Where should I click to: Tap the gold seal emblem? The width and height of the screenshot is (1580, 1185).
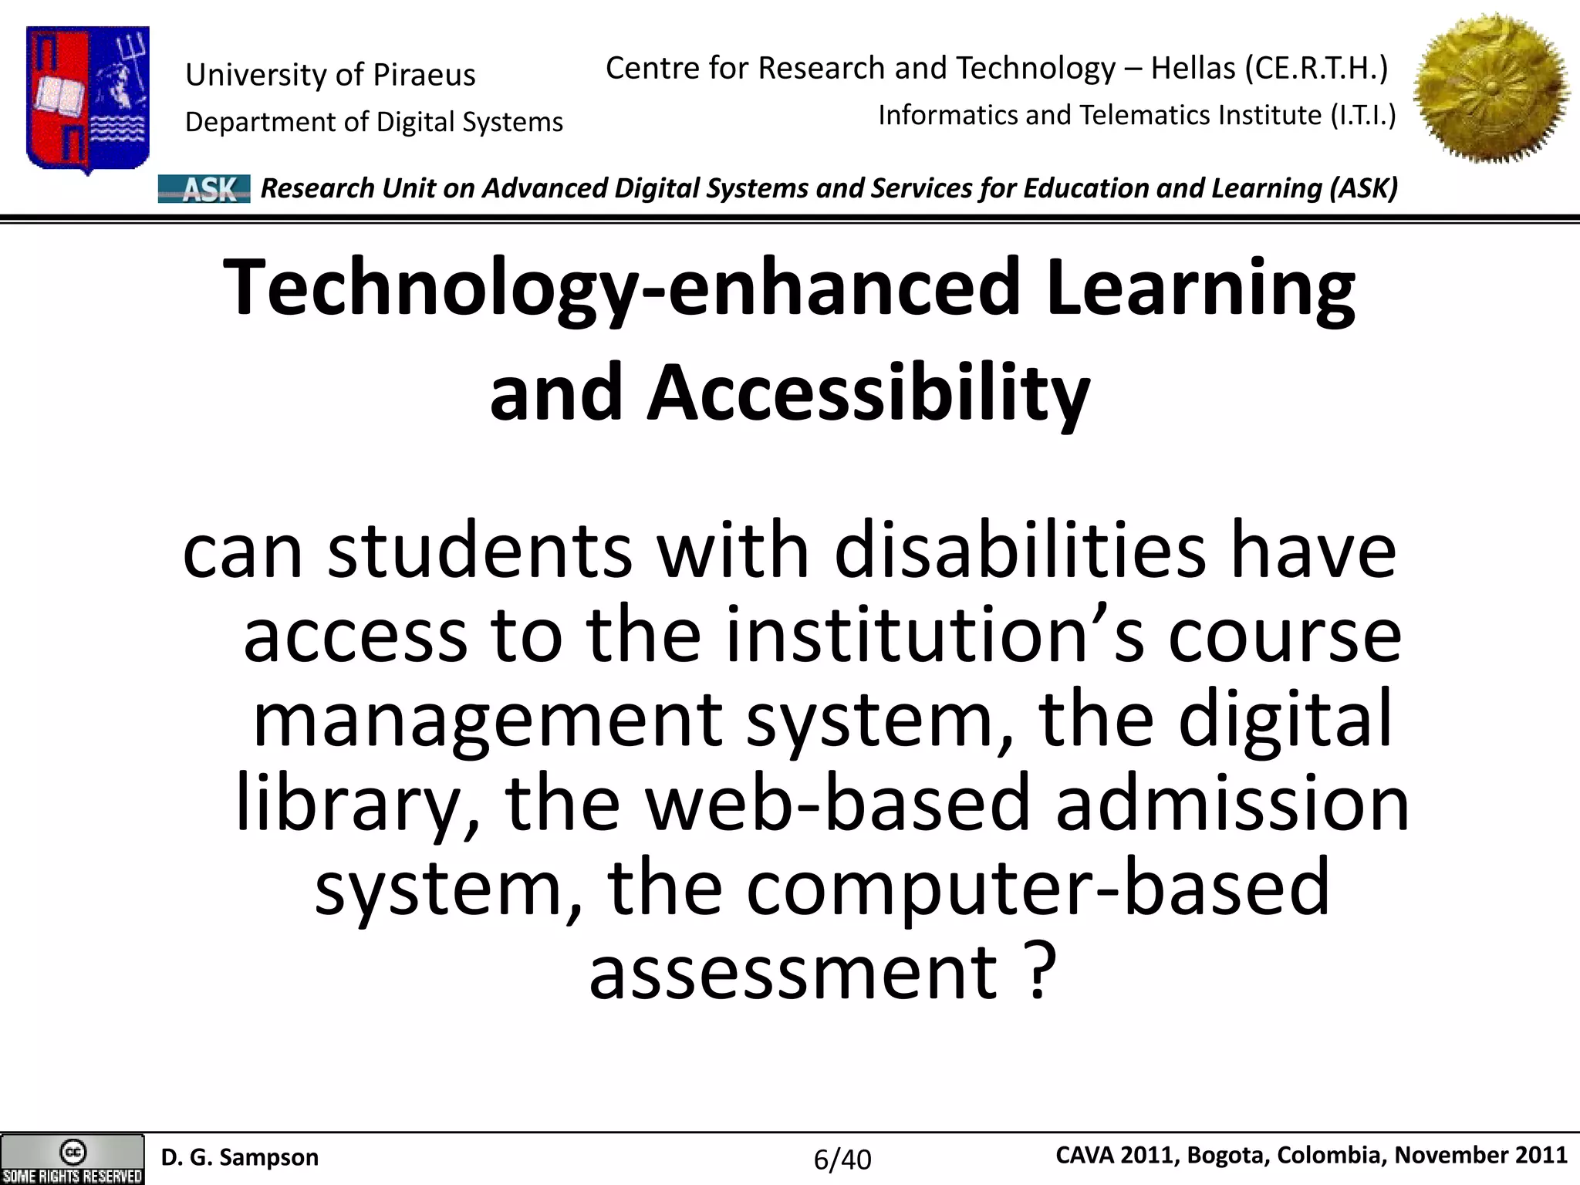pos(1491,89)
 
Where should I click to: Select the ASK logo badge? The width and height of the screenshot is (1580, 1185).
pos(204,188)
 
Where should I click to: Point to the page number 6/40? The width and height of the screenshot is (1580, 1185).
pos(842,1159)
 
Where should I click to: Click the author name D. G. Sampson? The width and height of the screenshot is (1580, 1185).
pos(240,1157)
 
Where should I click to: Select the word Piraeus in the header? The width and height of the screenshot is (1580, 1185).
pos(424,75)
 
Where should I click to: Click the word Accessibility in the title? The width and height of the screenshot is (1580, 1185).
pos(868,393)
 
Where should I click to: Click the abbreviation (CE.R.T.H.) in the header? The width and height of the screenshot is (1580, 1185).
pos(1317,69)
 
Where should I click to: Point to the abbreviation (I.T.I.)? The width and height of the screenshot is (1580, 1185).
pos(1363,116)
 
